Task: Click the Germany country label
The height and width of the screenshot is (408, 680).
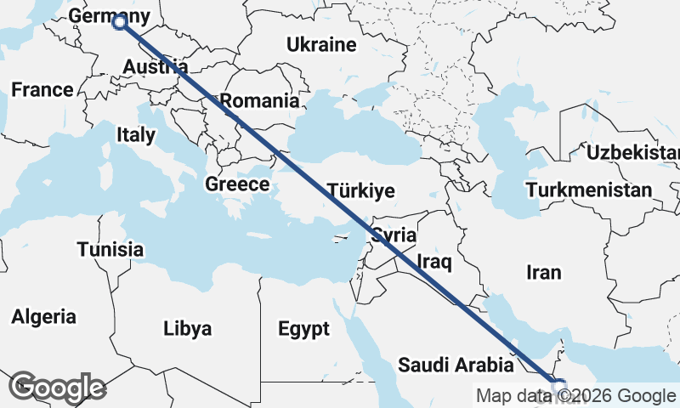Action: (x=109, y=16)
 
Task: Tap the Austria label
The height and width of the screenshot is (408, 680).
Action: (x=155, y=67)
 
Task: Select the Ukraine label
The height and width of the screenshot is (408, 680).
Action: (x=320, y=44)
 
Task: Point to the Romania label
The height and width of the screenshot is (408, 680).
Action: (x=260, y=101)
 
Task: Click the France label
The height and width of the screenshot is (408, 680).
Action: (x=42, y=90)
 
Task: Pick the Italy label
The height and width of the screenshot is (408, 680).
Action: (x=136, y=134)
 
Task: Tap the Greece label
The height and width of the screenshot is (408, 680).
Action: (x=237, y=184)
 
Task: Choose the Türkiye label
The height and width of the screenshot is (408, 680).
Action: (x=360, y=190)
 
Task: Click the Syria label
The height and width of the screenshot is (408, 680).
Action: (x=394, y=235)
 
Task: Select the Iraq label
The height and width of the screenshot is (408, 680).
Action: (x=433, y=263)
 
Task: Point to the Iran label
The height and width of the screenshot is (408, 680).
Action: (x=544, y=272)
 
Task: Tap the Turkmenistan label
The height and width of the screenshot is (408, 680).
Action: (x=588, y=190)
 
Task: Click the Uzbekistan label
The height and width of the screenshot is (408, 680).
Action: (x=632, y=153)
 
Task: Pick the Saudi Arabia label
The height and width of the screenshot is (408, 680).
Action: (x=456, y=366)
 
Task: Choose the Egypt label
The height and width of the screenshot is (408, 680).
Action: (x=303, y=329)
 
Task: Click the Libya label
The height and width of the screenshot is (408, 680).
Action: (x=187, y=329)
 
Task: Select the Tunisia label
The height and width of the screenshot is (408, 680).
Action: (x=110, y=250)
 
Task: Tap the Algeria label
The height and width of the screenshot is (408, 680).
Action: (x=43, y=317)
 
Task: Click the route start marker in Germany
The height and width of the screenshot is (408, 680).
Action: (x=119, y=23)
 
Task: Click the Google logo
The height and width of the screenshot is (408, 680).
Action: (x=57, y=388)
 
